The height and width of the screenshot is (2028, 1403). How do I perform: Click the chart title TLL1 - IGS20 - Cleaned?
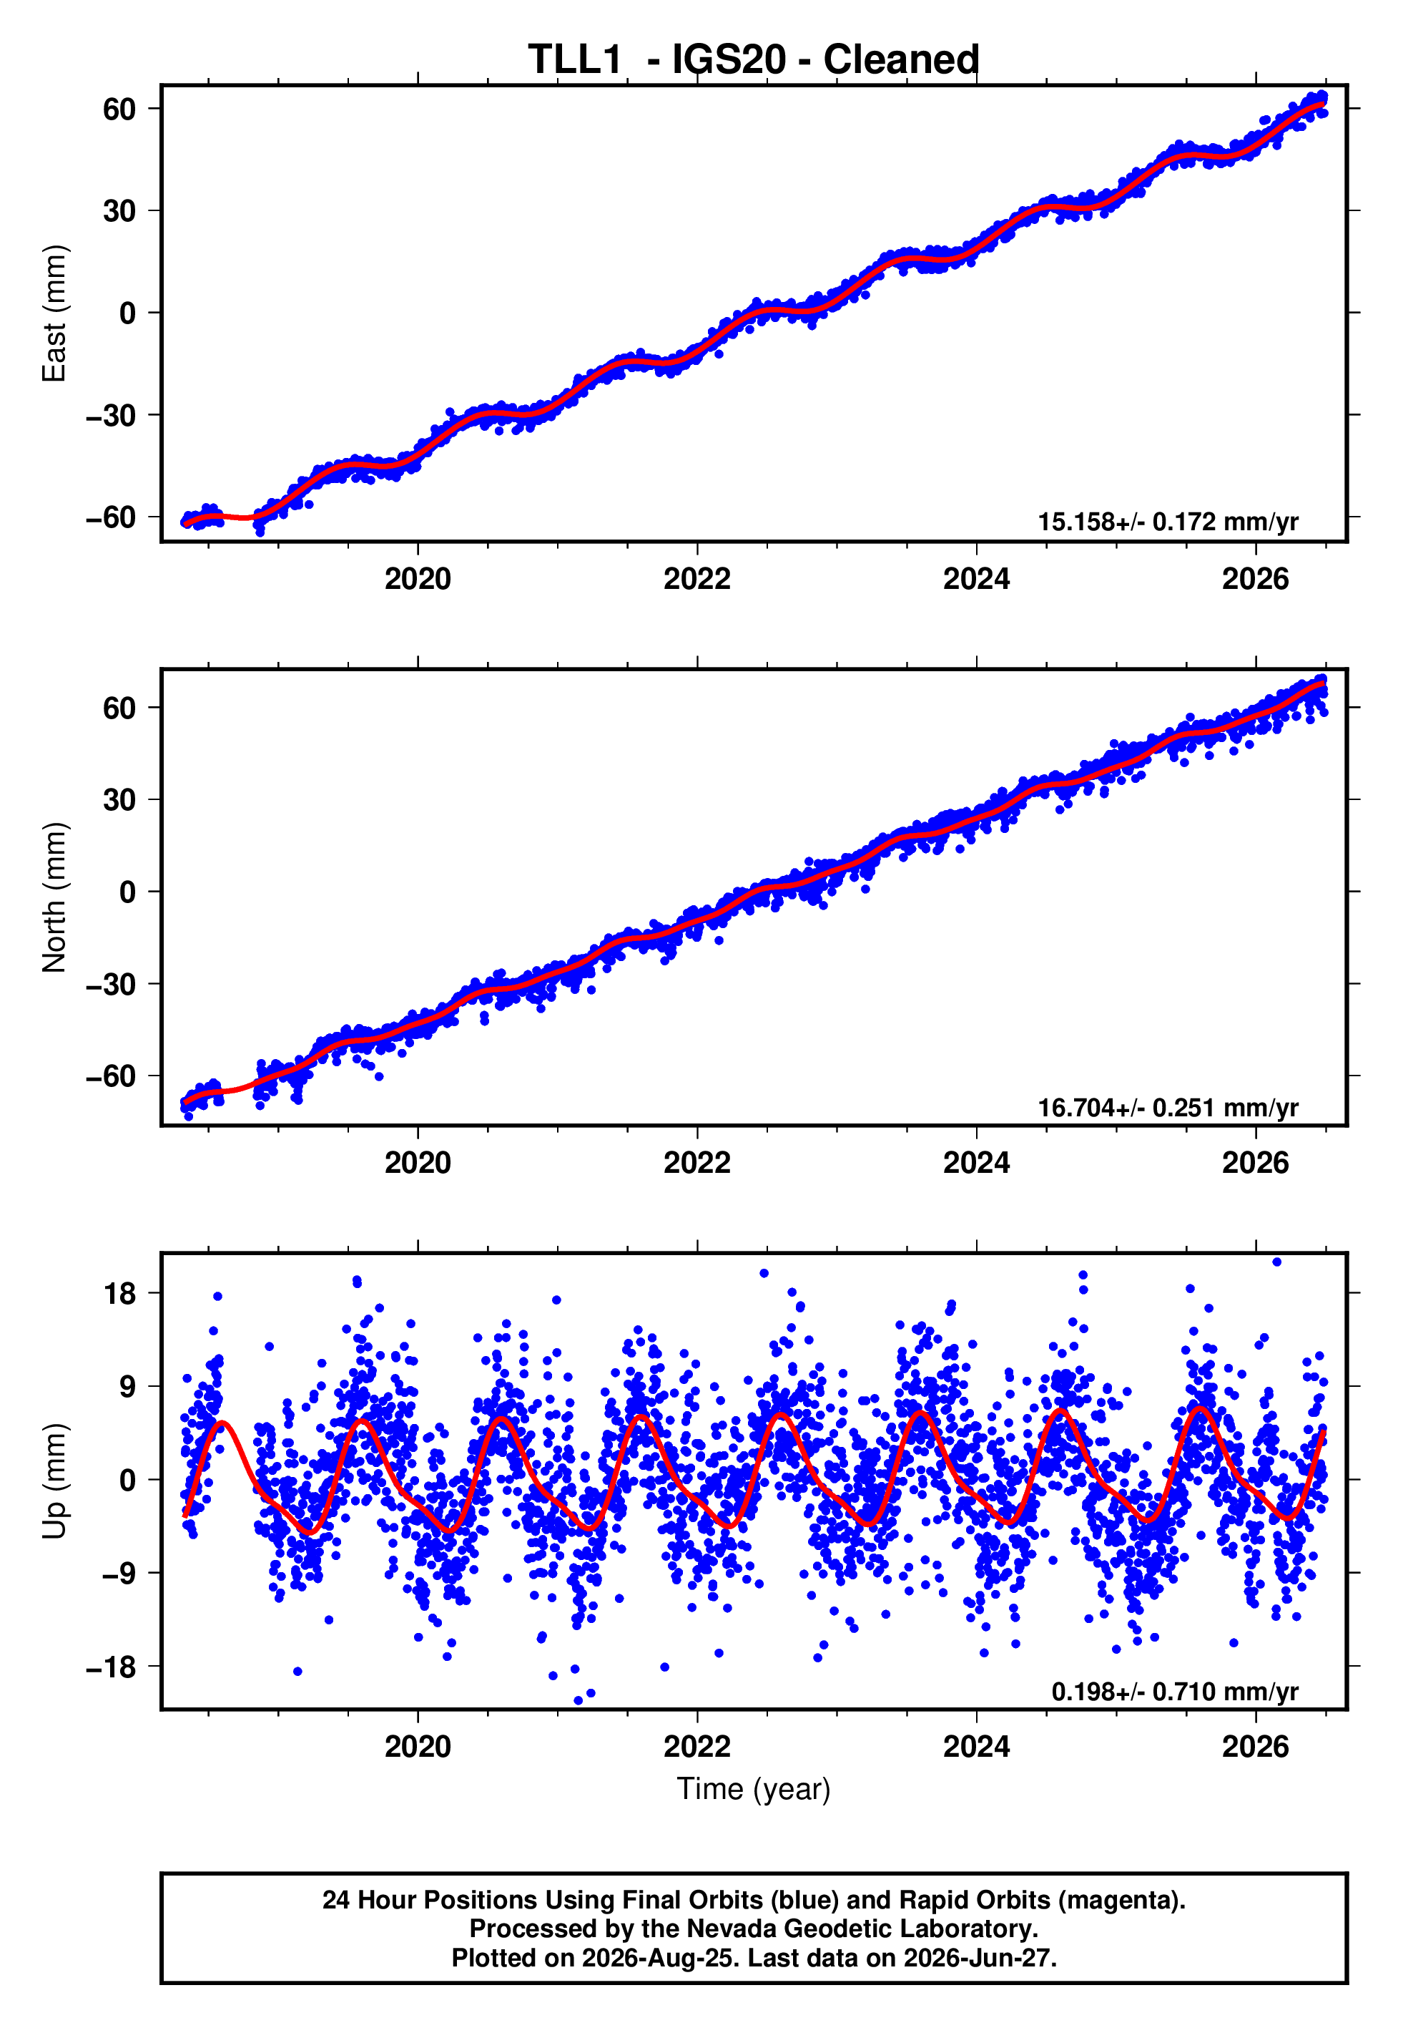754,60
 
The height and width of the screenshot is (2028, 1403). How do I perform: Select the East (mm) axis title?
54,313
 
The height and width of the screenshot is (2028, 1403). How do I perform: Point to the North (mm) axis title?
54,897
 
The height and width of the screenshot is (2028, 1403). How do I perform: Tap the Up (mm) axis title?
54,1481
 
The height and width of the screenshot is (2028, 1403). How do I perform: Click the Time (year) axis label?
754,1789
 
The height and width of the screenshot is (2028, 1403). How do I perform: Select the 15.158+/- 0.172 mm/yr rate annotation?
1168,522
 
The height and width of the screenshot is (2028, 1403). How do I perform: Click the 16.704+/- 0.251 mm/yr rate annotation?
1168,1107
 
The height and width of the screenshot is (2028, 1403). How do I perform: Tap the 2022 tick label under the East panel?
697,579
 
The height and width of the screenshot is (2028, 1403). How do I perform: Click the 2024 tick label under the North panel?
977,1163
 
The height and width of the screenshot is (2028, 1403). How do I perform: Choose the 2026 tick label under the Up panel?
1255,1747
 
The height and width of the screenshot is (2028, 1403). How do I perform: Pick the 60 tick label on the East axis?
119,109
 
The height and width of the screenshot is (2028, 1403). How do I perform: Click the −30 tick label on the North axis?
111,984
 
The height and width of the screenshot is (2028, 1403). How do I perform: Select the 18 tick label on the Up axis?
119,1294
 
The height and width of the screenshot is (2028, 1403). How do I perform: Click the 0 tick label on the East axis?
128,313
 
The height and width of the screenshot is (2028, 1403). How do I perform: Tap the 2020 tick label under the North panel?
418,1163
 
